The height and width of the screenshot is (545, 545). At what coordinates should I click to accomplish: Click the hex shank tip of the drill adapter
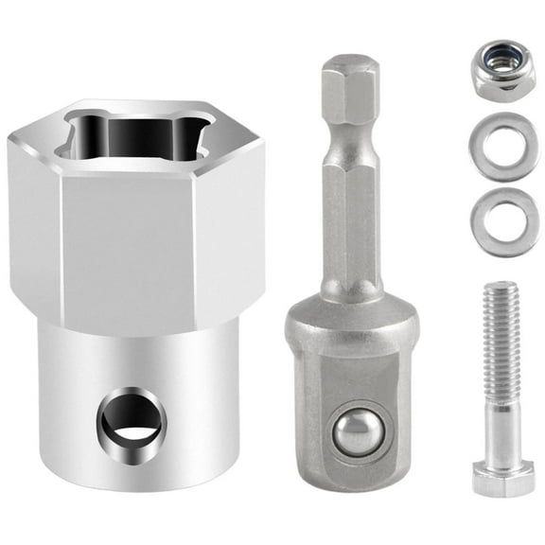tap(349, 80)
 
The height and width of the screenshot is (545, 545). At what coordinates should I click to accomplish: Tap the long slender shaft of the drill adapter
tap(349, 218)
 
